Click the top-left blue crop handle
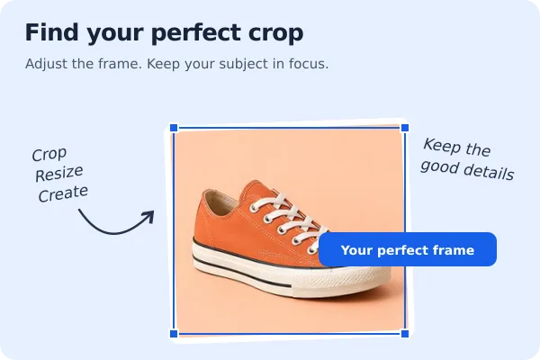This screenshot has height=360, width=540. tap(174, 128)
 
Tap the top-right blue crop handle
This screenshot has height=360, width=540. tap(405, 128)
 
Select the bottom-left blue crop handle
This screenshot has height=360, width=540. tap(174, 334)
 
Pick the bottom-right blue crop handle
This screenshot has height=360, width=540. tap(405, 334)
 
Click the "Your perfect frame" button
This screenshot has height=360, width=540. tap(408, 249)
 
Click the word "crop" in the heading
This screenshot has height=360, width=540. tap(275, 33)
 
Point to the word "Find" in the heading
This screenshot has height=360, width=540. tap(51, 32)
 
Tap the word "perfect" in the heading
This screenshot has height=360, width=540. tap(196, 34)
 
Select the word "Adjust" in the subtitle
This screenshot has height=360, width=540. tap(46, 64)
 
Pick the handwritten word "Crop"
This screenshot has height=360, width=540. tap(49, 154)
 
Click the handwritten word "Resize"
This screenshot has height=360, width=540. tap(58, 174)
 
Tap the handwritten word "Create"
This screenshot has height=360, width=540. tap(63, 193)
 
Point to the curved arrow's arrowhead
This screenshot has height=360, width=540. tap(148, 216)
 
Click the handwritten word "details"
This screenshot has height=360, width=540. tap(490, 171)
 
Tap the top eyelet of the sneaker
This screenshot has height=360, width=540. tap(254, 208)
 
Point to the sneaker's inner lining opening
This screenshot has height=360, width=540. tap(221, 202)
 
